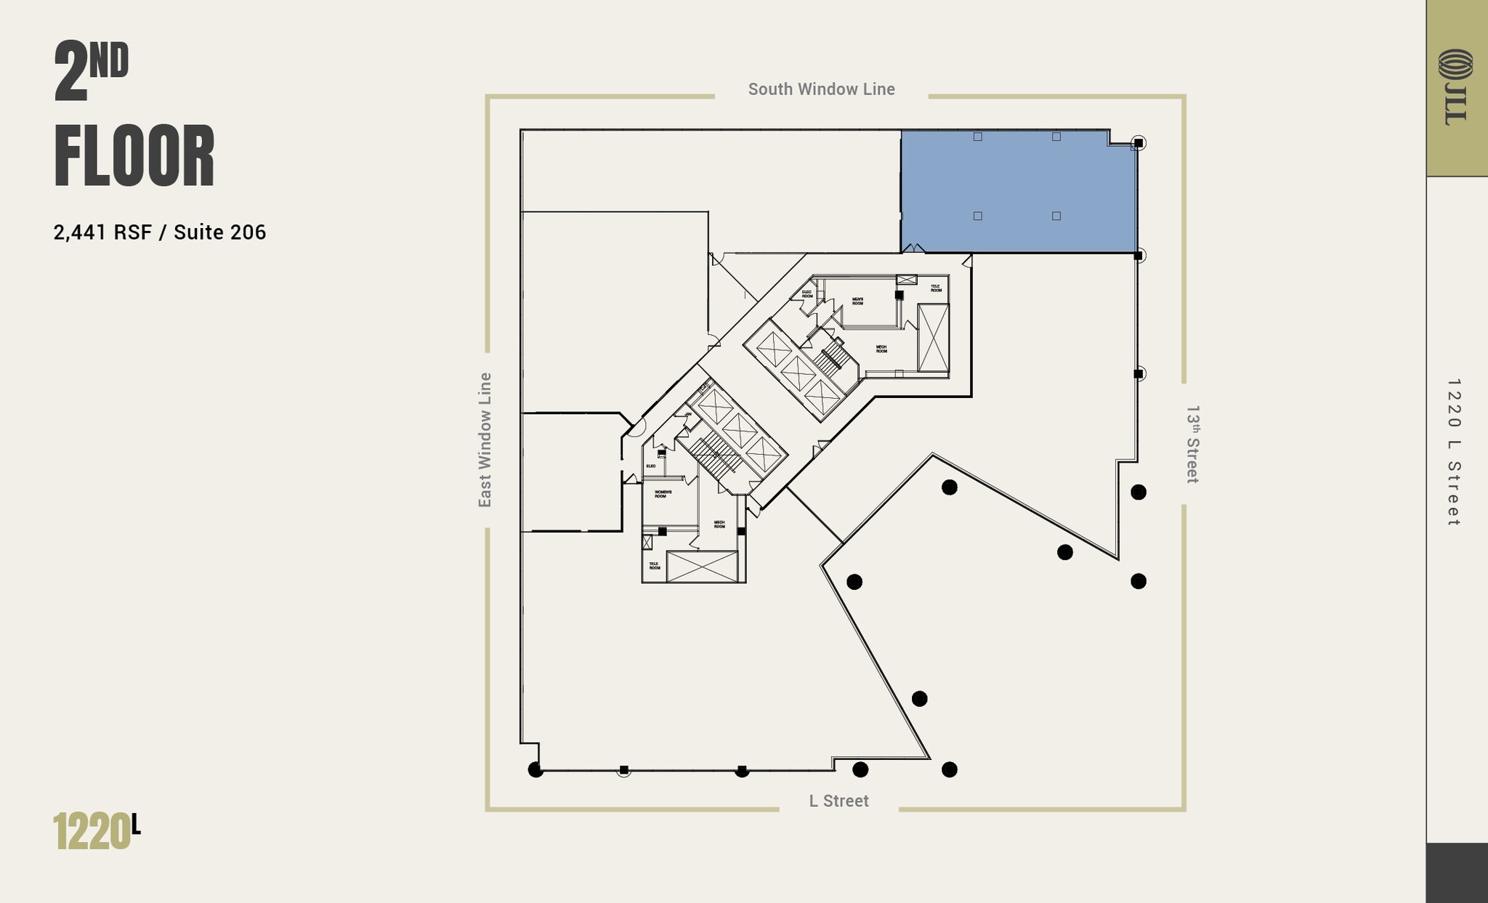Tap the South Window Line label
(821, 89)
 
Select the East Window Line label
(485, 440)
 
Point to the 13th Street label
(1192, 444)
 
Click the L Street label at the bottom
(838, 801)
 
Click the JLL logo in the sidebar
(1455, 86)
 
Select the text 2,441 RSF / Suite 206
(160, 232)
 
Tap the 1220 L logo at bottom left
(96, 831)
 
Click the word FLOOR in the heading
(134, 157)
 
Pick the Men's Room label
(858, 301)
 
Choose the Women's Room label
(663, 494)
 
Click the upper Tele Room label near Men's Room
(936, 288)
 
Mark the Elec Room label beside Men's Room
(807, 294)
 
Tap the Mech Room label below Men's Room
(881, 349)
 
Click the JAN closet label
(687, 414)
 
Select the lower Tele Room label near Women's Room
(655, 565)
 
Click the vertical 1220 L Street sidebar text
(1453, 452)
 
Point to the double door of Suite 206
(913, 248)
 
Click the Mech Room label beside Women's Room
(719, 524)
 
